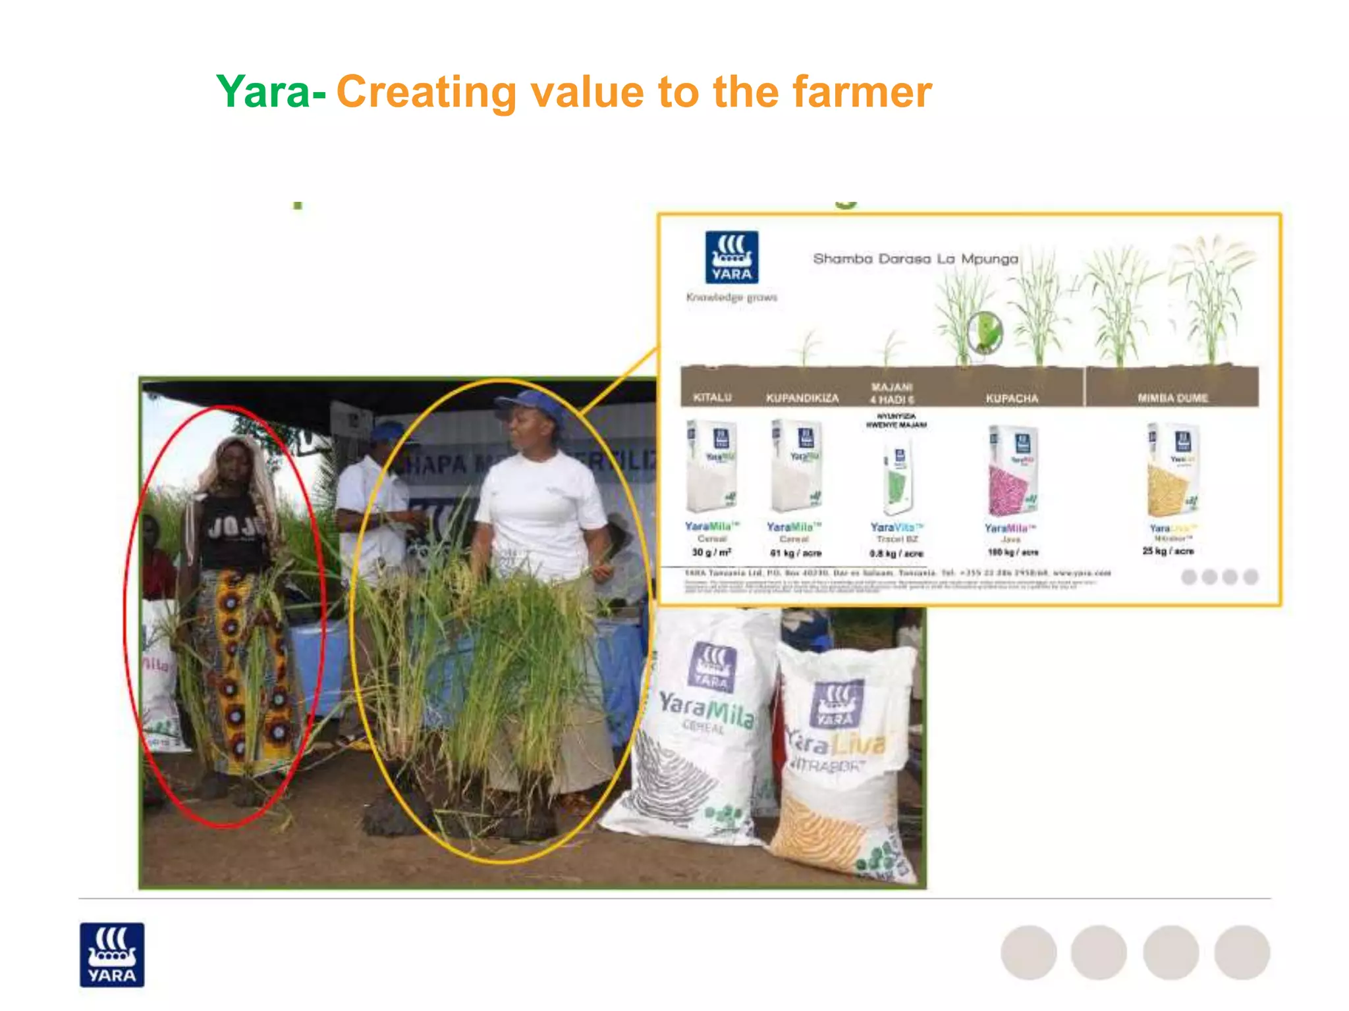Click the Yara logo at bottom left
[x=112, y=954]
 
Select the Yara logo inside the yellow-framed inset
[x=731, y=257]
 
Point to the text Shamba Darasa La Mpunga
[x=916, y=259]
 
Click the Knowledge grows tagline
[x=731, y=298]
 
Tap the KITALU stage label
[x=713, y=398]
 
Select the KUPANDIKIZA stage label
[x=802, y=398]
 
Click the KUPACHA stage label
[x=1012, y=398]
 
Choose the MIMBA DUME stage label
[x=1172, y=398]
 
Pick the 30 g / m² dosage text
[x=711, y=552]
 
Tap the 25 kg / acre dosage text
[x=1168, y=551]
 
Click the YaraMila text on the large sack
[x=707, y=709]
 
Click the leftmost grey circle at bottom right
[x=1028, y=952]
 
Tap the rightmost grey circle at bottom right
[x=1242, y=952]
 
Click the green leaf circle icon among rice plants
[x=985, y=332]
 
